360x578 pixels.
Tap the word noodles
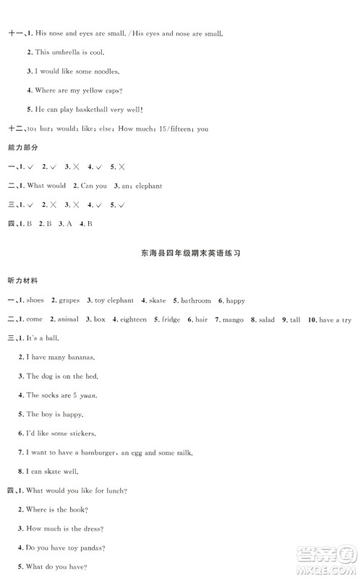click(103, 72)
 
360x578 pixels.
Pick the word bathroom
click(195, 300)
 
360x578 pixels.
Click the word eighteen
click(133, 319)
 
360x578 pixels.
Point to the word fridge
click(171, 319)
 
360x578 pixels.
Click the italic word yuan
click(87, 395)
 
